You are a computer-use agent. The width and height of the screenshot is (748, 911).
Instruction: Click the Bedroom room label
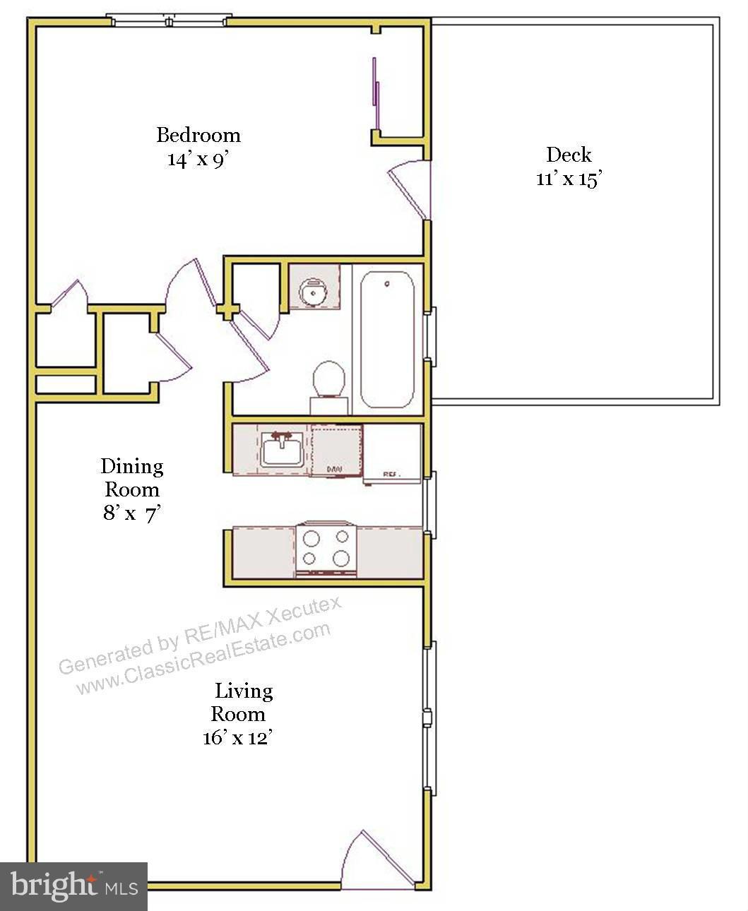click(x=198, y=134)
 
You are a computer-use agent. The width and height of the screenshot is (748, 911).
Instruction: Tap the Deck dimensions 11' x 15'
click(x=568, y=179)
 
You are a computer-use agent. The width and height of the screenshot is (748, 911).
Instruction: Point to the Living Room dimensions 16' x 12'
click(x=237, y=738)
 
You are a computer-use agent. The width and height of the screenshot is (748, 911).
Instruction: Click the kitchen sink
click(x=283, y=451)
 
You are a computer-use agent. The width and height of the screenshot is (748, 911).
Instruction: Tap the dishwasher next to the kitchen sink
click(x=337, y=451)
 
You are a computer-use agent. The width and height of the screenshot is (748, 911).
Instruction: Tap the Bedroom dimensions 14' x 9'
click(x=198, y=159)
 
